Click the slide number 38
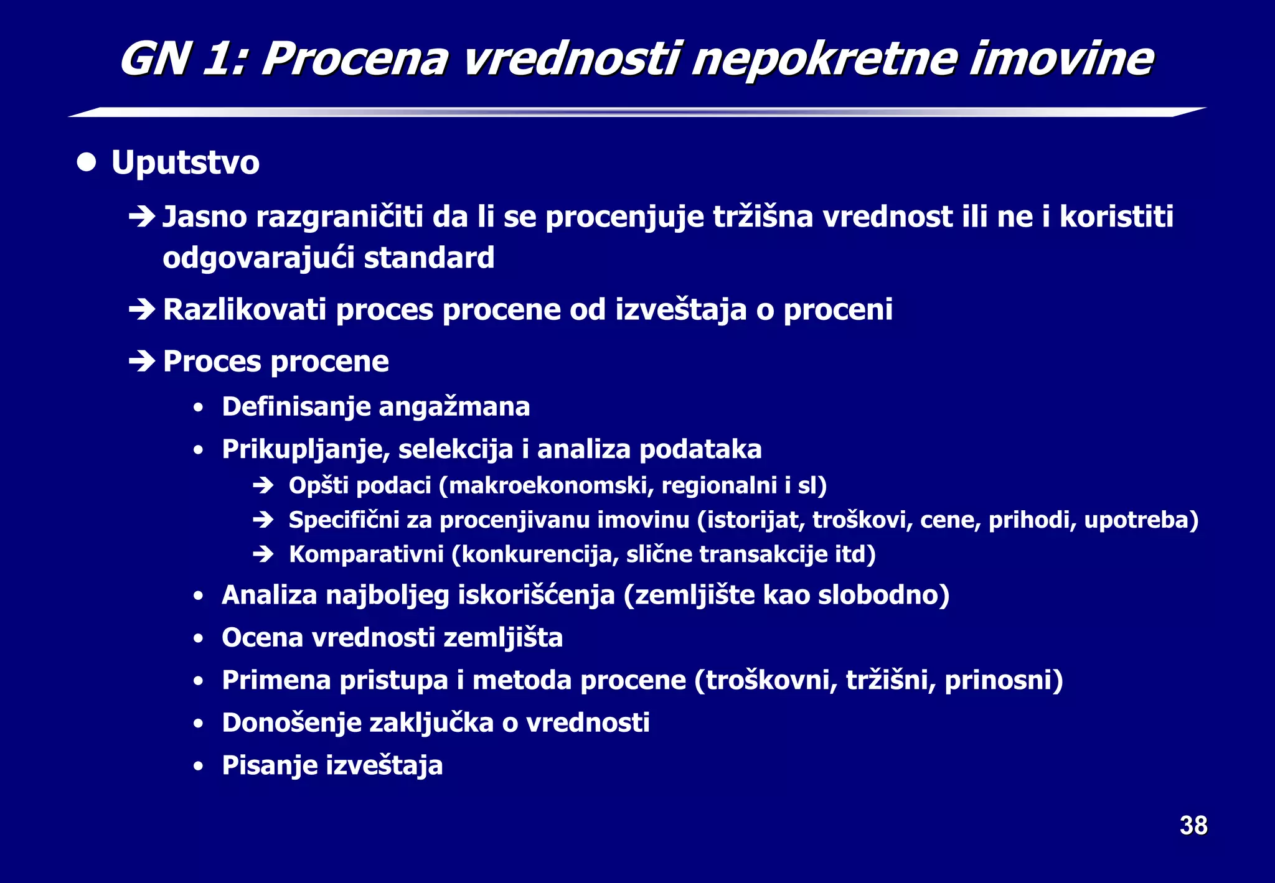tap(1193, 826)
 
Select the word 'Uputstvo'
tap(185, 163)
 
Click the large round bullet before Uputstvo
tap(87, 162)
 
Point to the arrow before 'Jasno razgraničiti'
tap(141, 217)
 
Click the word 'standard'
tap(429, 258)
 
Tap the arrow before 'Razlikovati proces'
tap(141, 309)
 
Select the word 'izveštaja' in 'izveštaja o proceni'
tap(680, 309)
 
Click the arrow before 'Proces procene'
tap(141, 361)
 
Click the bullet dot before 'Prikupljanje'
tap(198, 450)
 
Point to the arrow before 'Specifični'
tap(263, 520)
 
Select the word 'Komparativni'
tap(366, 554)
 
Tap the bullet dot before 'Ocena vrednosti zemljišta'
tap(198, 638)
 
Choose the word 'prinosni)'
tap(1003, 680)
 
